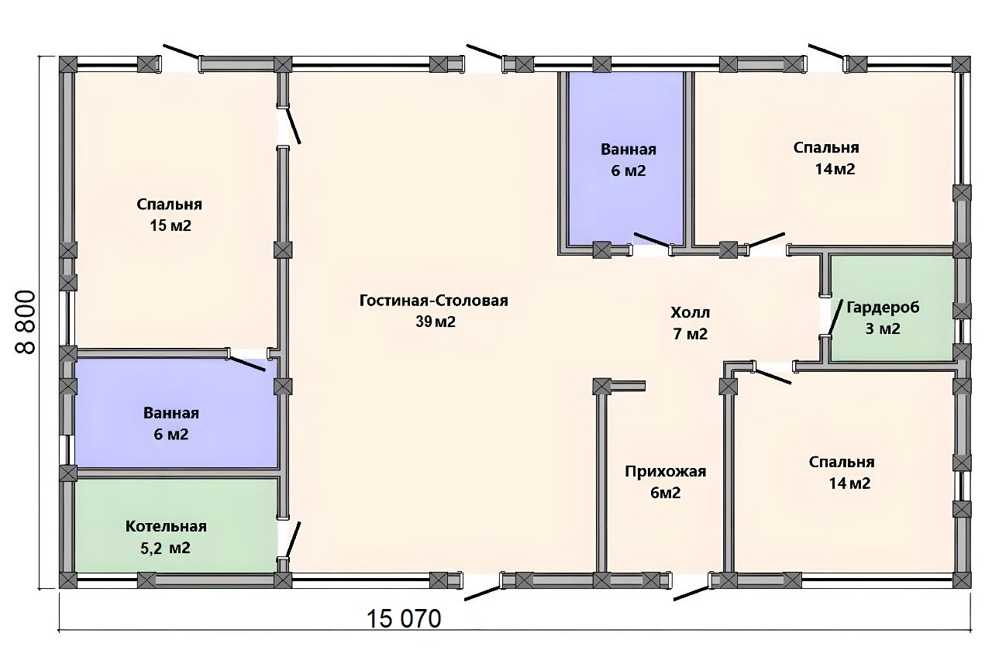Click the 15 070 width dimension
point(404,618)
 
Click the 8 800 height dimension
point(26,322)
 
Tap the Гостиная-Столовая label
point(433,301)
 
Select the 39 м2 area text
point(435,322)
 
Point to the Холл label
point(690,313)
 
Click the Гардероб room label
point(883,308)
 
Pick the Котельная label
point(166,526)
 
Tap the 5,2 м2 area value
point(165,548)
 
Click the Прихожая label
point(665,472)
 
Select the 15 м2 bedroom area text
point(170,225)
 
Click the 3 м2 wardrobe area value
point(883,329)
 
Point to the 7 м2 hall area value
point(691,334)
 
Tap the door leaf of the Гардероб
point(835,317)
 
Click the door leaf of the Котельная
point(293,540)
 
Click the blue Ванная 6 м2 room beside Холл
point(626,160)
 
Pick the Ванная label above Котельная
point(171,413)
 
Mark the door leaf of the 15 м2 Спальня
point(294,126)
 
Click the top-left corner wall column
point(68,64)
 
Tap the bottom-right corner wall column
point(962,580)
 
